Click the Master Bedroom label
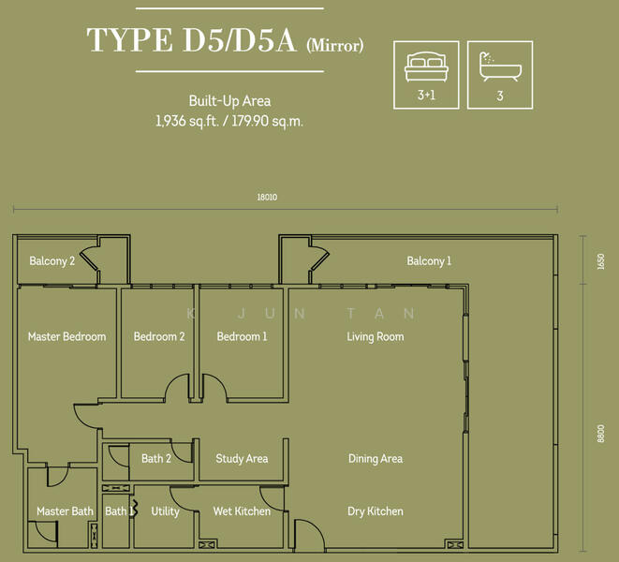point(67,336)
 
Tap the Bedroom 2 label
point(159,336)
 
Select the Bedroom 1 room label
point(242,336)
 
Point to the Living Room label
point(376,337)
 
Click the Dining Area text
point(376,459)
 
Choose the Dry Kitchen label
point(376,511)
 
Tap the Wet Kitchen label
point(242,511)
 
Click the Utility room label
point(166,511)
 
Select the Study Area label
point(242,459)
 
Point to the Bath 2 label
point(156,459)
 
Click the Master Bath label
point(66,511)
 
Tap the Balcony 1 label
point(429,261)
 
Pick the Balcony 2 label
point(52,261)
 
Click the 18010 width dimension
point(267,197)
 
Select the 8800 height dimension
point(601,434)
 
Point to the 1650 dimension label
point(601,261)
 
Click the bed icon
point(426,67)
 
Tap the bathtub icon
point(500,67)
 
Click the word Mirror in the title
point(335,45)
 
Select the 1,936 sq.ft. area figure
point(187,121)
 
